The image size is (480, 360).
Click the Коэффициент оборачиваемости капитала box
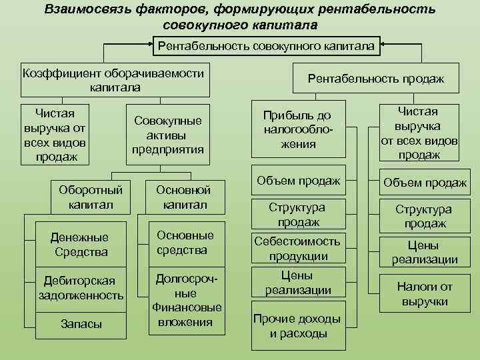tap(113, 79)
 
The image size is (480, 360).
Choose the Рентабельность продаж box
tap(375, 79)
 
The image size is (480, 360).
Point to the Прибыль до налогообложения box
tap(298, 129)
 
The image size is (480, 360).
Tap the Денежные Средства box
tap(80, 245)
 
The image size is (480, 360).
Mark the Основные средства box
tap(185, 243)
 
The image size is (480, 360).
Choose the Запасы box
tap(81, 324)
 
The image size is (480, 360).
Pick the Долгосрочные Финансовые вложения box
tap(186, 300)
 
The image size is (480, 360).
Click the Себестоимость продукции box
tap(298, 248)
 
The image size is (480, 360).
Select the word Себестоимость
tap(298, 241)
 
